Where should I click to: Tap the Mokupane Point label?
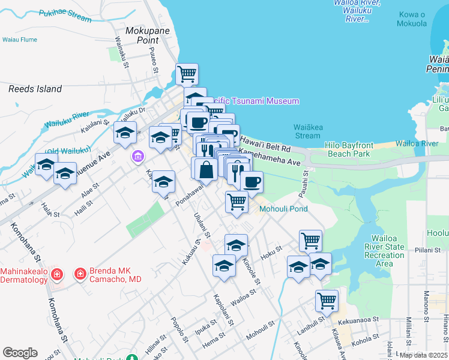click(142, 35)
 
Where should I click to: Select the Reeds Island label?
click(35, 89)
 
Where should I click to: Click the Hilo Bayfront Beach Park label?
click(357, 150)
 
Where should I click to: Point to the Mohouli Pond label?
click(283, 209)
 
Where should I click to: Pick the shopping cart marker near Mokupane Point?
click(187, 74)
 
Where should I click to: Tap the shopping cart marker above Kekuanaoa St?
click(327, 301)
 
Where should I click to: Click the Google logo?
click(20, 353)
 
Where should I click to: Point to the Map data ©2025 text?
click(423, 355)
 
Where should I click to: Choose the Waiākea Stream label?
click(308, 131)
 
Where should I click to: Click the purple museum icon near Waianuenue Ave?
click(138, 156)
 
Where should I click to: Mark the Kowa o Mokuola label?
click(412, 19)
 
